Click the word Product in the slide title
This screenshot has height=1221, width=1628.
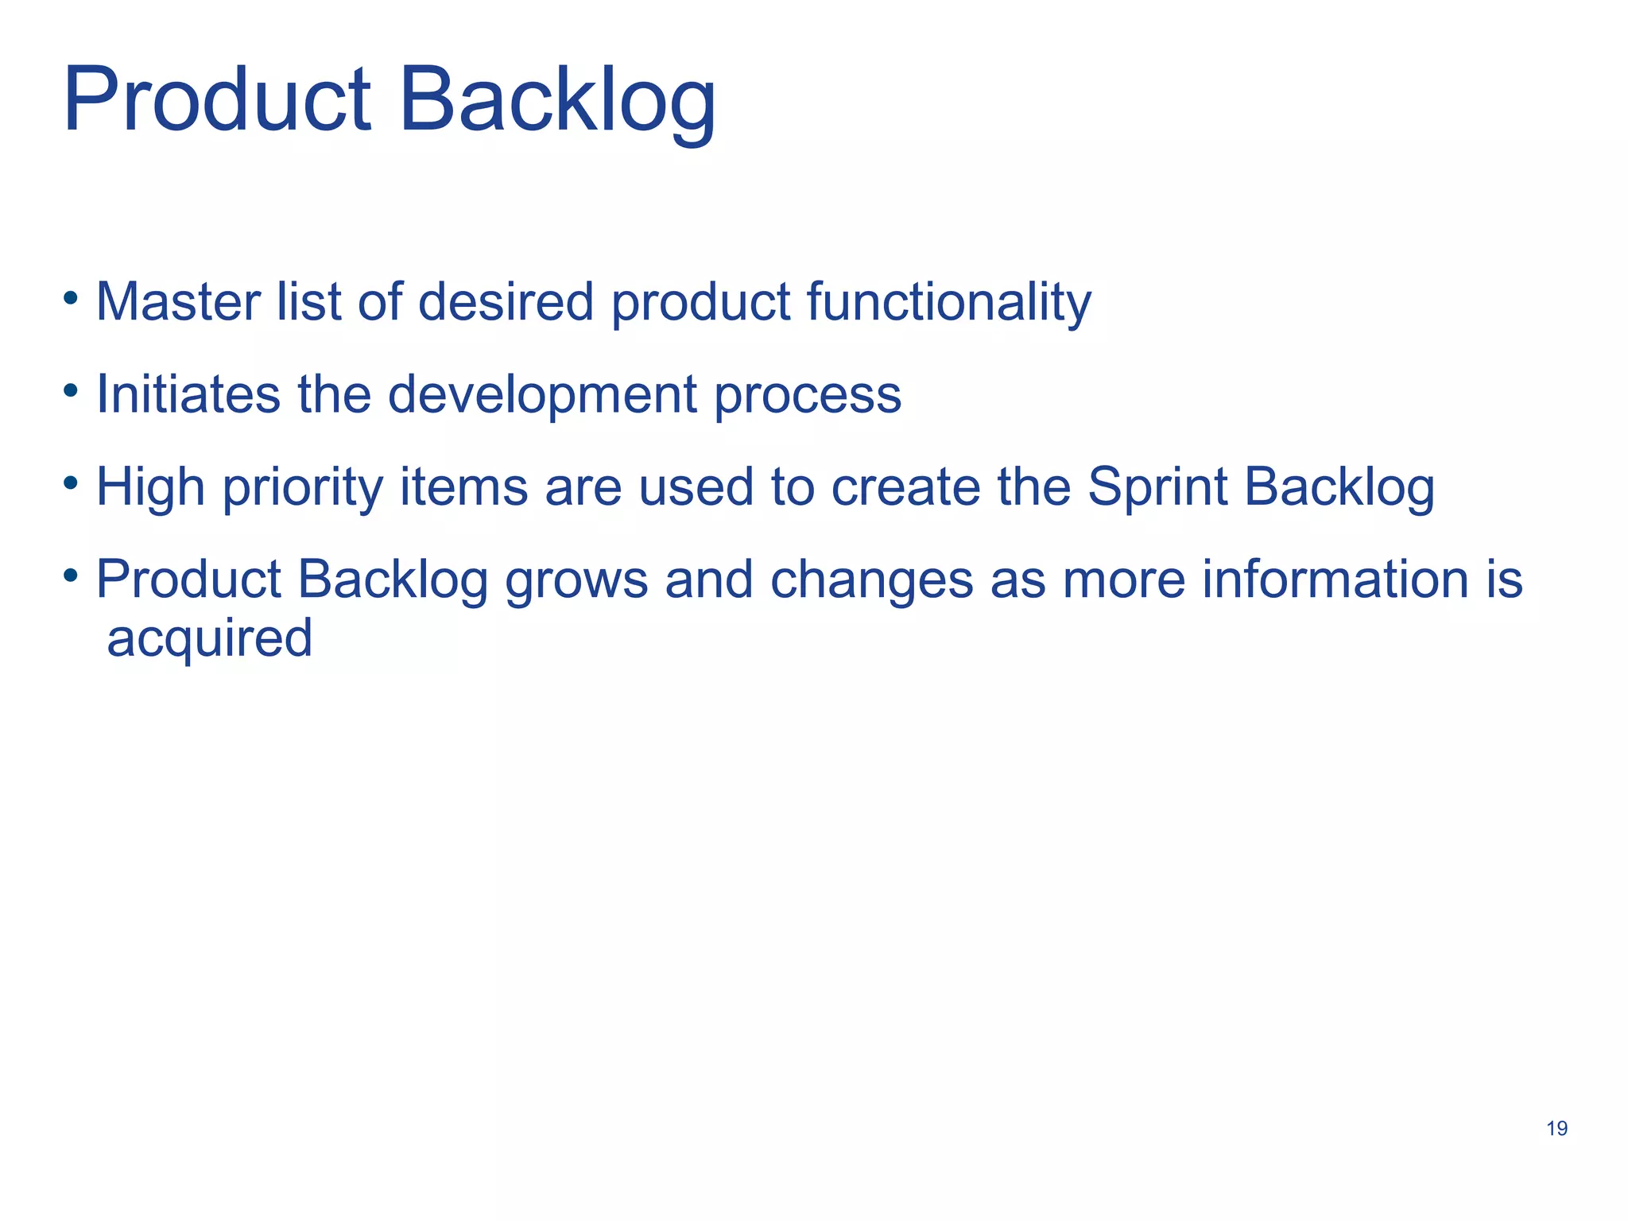[x=216, y=102]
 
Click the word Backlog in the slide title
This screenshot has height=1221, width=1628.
[x=557, y=102]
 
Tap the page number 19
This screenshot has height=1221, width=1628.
[x=1556, y=1129]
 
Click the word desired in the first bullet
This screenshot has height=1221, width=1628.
[x=506, y=303]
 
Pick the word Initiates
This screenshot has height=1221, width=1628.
[x=188, y=395]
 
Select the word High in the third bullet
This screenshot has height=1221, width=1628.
[x=150, y=487]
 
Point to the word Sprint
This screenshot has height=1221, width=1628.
[x=1157, y=487]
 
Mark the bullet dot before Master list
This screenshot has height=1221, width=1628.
[x=72, y=299]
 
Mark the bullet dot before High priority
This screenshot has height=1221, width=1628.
[x=72, y=483]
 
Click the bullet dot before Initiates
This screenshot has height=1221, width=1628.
[x=72, y=391]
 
